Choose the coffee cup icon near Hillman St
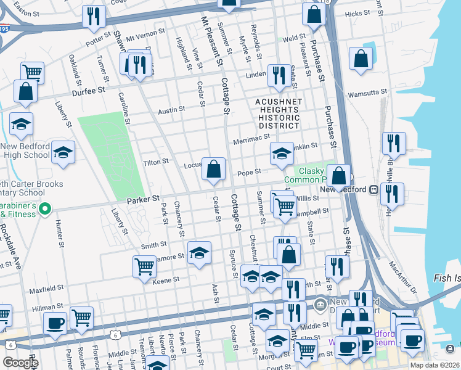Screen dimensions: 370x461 55,323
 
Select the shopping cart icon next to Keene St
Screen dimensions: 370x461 144,266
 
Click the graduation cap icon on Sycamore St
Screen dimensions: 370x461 198,253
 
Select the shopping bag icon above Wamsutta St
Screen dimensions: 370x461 361,59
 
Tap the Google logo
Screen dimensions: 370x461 20,363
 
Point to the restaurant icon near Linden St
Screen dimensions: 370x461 279,75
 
